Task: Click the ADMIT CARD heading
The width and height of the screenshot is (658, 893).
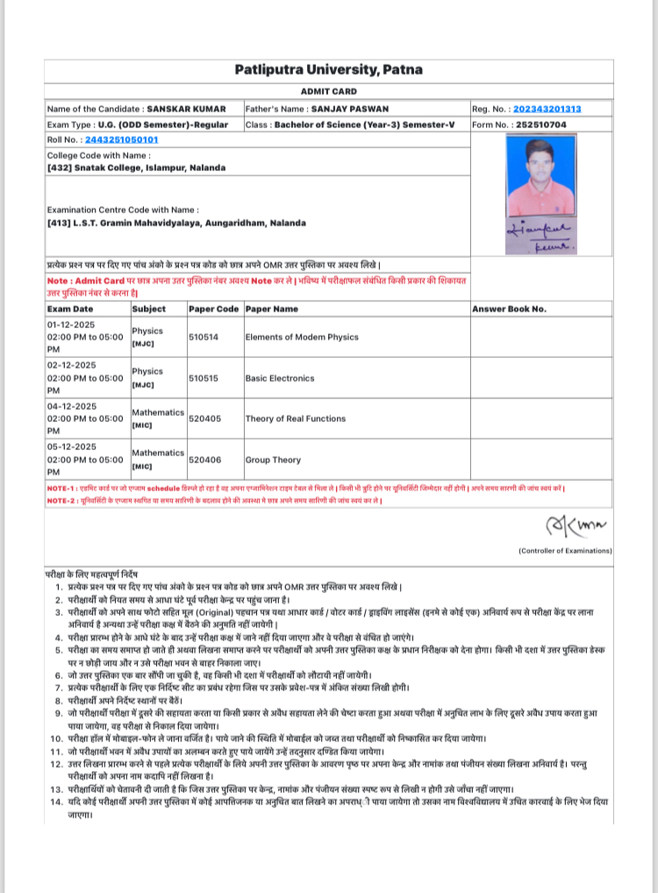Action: pyautogui.click(x=328, y=91)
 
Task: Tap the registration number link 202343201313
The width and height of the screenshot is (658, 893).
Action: pyautogui.click(x=547, y=109)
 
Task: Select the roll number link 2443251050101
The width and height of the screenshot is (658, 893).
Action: pyautogui.click(x=121, y=139)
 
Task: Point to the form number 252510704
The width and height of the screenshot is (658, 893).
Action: pyautogui.click(x=543, y=125)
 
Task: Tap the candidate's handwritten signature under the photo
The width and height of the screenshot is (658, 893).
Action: pyautogui.click(x=538, y=237)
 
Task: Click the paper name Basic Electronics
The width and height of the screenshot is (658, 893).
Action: pyautogui.click(x=279, y=378)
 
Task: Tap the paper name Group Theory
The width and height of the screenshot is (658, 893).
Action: pyautogui.click(x=273, y=460)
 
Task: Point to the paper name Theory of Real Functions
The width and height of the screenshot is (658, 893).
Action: pyautogui.click(x=295, y=418)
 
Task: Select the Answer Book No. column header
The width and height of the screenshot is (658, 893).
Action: pyautogui.click(x=509, y=309)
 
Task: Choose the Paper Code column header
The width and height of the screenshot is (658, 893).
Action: pyautogui.click(x=213, y=309)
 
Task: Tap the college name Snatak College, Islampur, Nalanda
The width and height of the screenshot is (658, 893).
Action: pyautogui.click(x=137, y=167)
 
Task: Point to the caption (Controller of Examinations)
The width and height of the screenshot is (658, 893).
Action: pyautogui.click(x=564, y=550)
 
